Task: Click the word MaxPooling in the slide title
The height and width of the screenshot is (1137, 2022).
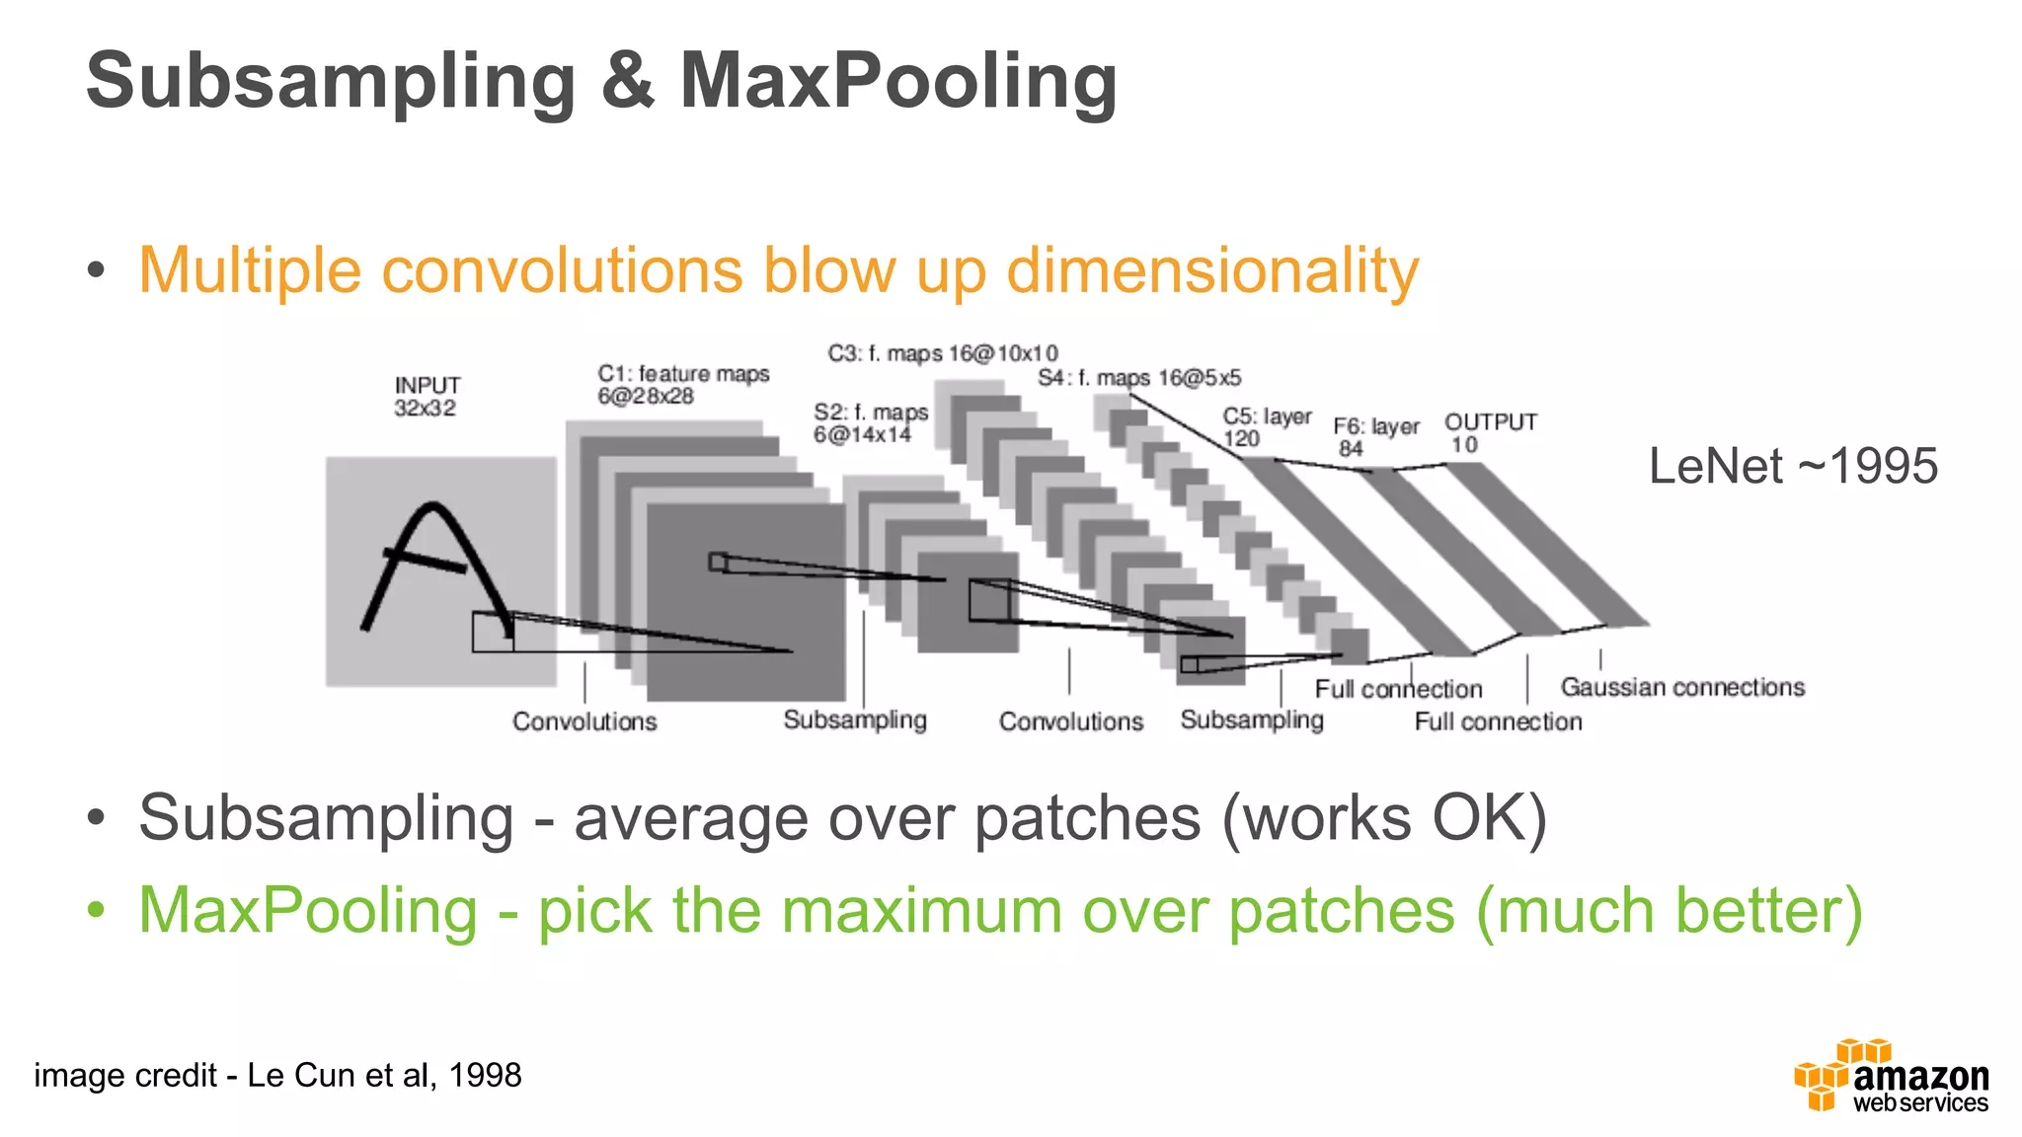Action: point(898,81)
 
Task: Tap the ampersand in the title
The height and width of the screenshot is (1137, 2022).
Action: point(627,81)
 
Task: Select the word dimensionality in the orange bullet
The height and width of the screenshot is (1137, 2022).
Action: point(1211,270)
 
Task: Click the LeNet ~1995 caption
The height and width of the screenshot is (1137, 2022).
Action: point(1793,466)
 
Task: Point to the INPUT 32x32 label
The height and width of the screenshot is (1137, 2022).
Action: point(427,397)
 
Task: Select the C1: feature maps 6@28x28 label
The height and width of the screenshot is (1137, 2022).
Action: point(682,385)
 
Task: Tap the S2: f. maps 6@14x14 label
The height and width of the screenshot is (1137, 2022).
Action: point(870,423)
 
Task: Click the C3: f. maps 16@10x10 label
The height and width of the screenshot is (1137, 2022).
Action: point(942,353)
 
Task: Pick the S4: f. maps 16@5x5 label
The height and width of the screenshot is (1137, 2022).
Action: point(1138,378)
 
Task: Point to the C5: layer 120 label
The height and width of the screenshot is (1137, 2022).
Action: point(1266,427)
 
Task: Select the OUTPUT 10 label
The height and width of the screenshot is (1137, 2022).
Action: point(1490,432)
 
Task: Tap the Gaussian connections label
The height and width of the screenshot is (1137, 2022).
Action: point(1681,687)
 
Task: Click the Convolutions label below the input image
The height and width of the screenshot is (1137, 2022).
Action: point(584,721)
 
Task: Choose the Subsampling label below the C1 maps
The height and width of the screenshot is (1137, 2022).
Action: point(855,720)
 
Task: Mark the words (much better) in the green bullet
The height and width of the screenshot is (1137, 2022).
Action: point(1669,911)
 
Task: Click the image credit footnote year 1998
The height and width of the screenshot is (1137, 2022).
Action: point(485,1075)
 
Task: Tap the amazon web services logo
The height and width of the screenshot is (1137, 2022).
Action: point(1891,1077)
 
